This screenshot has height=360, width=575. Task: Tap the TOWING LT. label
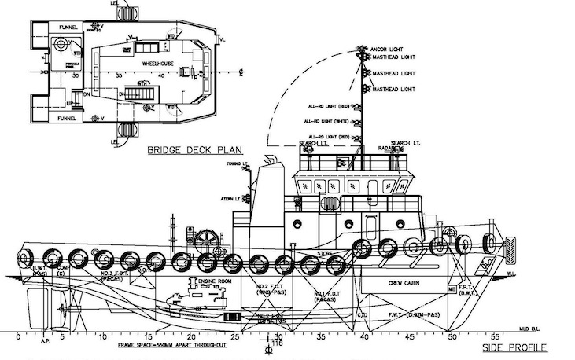(237, 163)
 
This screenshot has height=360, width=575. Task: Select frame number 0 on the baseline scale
(17, 336)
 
